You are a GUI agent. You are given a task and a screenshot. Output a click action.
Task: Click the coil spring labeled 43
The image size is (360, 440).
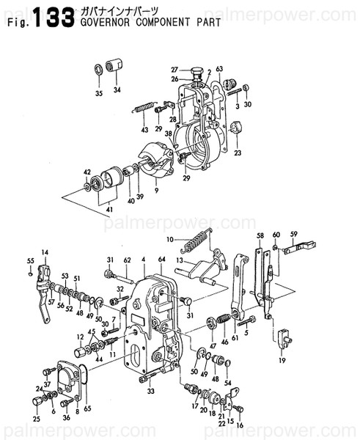point(144,108)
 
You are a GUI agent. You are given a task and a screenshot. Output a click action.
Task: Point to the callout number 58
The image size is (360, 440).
point(260,235)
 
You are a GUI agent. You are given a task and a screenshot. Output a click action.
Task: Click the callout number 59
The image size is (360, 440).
point(293,235)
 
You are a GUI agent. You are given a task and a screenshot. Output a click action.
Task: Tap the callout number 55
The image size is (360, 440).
point(30,261)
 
